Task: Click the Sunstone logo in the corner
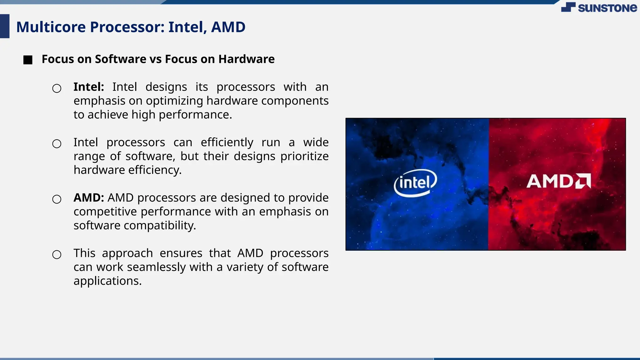(599, 7)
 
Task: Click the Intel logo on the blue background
(415, 182)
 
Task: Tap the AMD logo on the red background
(558, 181)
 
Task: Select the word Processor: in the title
(127, 27)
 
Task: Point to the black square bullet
(28, 60)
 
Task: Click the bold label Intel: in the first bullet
(89, 87)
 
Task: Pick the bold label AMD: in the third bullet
(89, 198)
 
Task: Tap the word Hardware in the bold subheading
(246, 59)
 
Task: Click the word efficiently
(227, 142)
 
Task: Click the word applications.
(107, 281)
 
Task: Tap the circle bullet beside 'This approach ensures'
(57, 254)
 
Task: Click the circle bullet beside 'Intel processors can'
(57, 144)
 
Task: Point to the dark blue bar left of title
(5, 26)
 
